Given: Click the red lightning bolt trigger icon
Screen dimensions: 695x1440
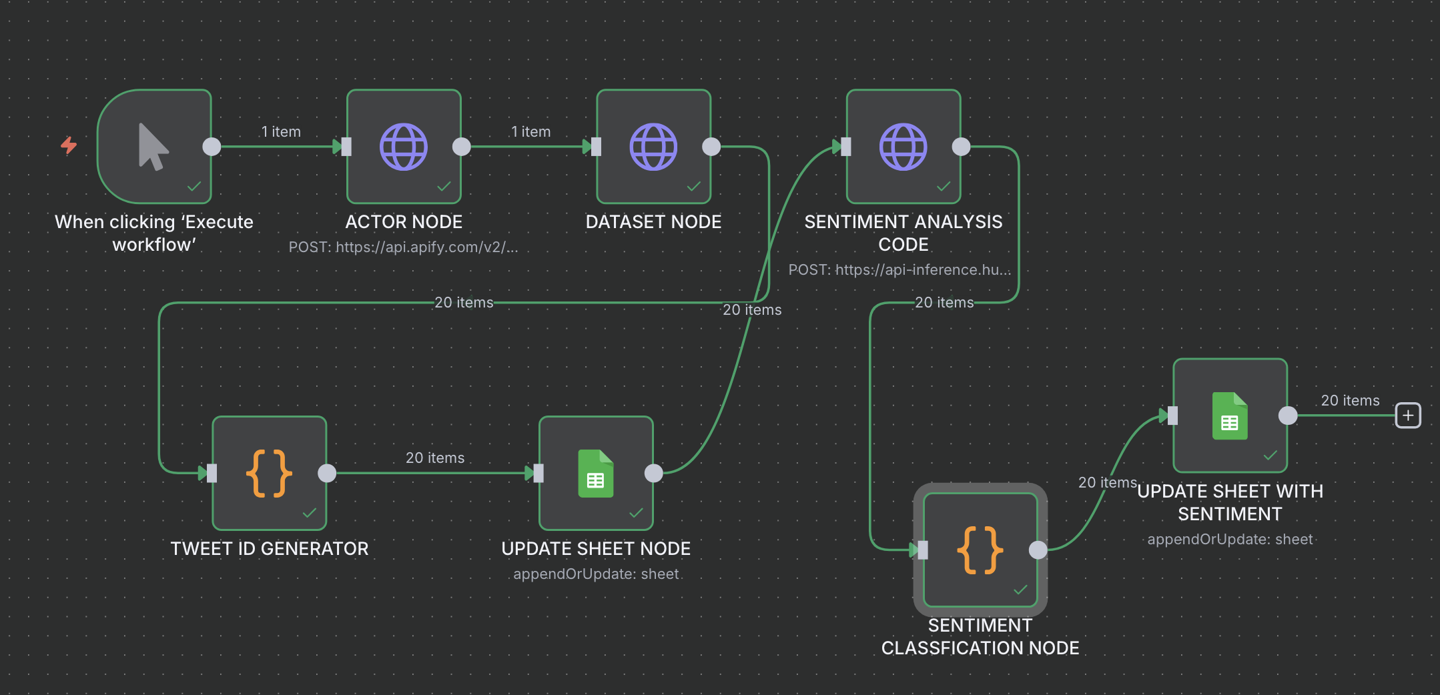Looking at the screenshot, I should pos(69,145).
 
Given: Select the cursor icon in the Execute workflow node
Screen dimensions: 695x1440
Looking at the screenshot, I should pos(153,147).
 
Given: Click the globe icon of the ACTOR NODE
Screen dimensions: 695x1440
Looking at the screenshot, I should pos(404,147).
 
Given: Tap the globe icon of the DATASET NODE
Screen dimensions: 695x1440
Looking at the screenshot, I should pos(653,147).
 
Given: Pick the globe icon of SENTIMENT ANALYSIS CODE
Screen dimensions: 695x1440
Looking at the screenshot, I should pos(903,147).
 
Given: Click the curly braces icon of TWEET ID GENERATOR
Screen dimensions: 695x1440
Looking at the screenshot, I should pos(269,474).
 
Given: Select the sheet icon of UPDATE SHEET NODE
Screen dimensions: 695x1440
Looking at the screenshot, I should pos(595,474).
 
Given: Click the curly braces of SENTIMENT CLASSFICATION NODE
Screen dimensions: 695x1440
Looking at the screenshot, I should pos(980,550).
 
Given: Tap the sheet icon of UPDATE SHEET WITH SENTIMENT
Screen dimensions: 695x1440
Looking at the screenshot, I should pos(1229,416).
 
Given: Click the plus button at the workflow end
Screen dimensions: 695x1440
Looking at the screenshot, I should pos(1408,416).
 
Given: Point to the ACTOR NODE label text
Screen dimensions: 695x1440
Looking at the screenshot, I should pos(404,222).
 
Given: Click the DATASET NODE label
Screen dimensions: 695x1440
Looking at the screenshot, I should pos(653,222).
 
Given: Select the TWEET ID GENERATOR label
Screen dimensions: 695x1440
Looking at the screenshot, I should pos(269,549).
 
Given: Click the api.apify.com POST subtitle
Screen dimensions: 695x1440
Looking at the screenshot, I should pos(403,247).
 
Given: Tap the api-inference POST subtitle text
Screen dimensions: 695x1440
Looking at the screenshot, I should pos(899,270).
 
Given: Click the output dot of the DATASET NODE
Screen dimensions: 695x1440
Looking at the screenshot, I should pos(711,147).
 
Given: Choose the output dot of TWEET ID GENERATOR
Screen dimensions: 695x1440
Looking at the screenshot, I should pos(327,474).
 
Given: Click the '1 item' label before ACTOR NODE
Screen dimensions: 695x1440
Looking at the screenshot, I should pos(281,132).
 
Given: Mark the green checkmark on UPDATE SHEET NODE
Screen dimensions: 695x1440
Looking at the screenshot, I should pos(636,512).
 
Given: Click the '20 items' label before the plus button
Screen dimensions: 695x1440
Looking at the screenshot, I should pos(1350,401).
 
